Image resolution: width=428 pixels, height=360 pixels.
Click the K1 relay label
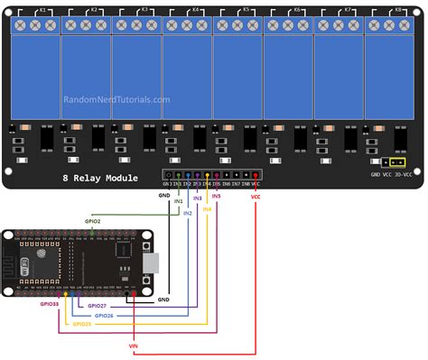pyautogui.click(x=42, y=9)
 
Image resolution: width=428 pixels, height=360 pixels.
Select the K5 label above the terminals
pyautogui.click(x=245, y=9)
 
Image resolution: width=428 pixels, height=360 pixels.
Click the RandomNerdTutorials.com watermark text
pyautogui.click(x=116, y=100)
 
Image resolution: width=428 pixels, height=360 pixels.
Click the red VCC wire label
pyautogui.click(x=256, y=194)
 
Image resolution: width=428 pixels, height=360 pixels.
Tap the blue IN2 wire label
pyautogui.click(x=188, y=213)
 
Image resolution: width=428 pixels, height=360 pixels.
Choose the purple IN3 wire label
pyautogui.click(x=198, y=196)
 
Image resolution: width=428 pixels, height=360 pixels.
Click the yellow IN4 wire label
pyautogui.click(x=207, y=208)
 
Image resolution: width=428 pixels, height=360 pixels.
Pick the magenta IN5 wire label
pyautogui.click(x=216, y=195)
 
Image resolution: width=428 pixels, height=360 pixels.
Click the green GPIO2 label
pyautogui.click(x=93, y=219)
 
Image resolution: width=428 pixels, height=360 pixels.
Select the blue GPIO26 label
pyautogui.click(x=102, y=315)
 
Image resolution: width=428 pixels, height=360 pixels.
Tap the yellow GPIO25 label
pyautogui.click(x=81, y=323)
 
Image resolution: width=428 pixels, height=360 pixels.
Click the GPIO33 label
pyautogui.click(x=50, y=305)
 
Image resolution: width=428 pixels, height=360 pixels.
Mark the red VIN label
pyautogui.click(x=135, y=344)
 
